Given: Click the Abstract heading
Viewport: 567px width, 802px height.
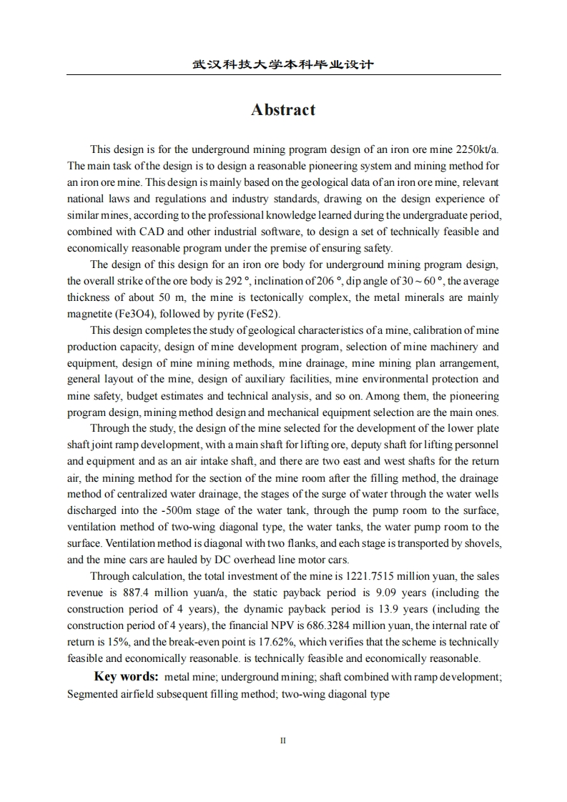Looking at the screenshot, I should (x=283, y=110).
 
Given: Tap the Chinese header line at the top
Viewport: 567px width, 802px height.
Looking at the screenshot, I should (x=283, y=65).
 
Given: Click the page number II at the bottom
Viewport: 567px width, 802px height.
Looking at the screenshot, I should (x=283, y=741).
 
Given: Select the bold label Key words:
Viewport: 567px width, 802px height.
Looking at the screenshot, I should (x=126, y=677).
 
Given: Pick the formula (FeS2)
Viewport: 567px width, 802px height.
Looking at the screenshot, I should (x=266, y=314).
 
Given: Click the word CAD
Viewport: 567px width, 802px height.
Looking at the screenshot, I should (x=152, y=232).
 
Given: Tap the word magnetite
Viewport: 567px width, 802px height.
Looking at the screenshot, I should (x=90, y=314).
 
